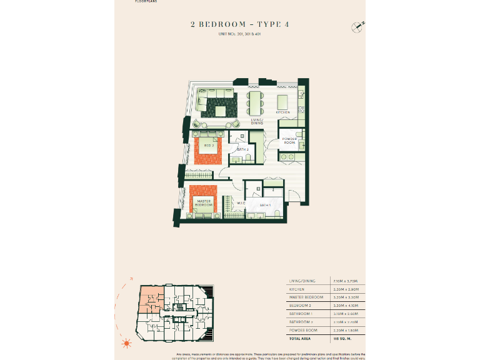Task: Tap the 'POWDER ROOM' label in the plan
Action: [289, 141]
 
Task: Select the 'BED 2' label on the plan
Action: [209, 146]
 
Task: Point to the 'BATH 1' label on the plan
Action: [266, 205]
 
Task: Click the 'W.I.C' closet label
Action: [241, 202]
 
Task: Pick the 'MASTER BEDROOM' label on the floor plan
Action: [203, 203]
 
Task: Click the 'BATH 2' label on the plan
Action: [242, 150]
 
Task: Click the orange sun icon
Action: [127, 342]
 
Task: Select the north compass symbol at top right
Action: [357, 26]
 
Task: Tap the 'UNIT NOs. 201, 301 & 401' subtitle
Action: [239, 33]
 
